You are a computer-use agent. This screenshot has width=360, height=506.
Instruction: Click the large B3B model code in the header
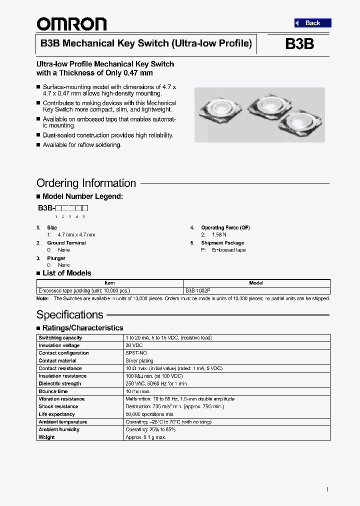(299, 44)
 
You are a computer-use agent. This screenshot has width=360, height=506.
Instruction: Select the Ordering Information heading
(86, 183)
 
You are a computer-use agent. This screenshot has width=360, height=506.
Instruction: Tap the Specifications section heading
(70, 314)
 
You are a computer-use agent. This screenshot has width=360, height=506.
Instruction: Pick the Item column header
(109, 283)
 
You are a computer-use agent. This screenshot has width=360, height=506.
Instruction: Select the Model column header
(256, 283)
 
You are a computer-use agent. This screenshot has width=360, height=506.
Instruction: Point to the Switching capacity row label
(60, 338)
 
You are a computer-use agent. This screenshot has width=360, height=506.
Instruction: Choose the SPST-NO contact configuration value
(136, 353)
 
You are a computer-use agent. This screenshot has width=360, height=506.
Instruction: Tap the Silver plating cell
(139, 360)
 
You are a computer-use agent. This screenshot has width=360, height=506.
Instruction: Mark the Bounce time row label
(53, 391)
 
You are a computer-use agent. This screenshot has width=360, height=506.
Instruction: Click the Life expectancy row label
(56, 414)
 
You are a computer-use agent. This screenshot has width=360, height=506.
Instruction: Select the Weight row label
(46, 437)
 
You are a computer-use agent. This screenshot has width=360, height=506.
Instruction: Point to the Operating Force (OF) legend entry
(225, 228)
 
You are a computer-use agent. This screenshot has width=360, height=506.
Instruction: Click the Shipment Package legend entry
(222, 243)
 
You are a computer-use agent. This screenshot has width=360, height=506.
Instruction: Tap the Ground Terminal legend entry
(66, 243)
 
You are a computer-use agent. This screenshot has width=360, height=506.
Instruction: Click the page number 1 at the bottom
(327, 489)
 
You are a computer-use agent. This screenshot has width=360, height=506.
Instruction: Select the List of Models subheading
(66, 273)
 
